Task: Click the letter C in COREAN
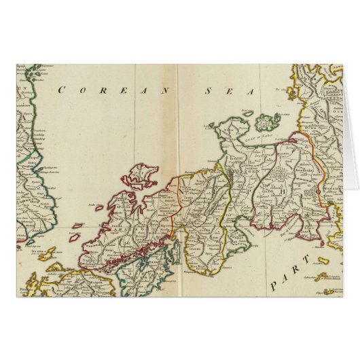coord(62,89)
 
